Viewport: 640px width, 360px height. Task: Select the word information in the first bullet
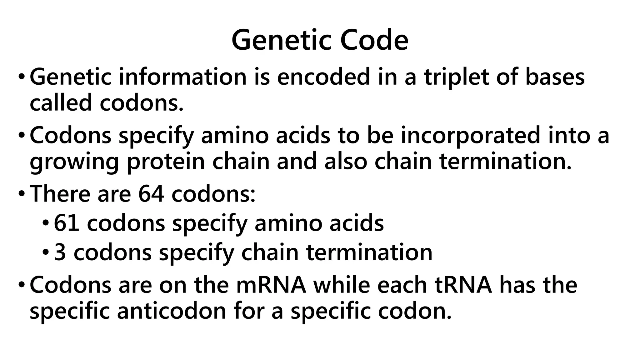coord(183,77)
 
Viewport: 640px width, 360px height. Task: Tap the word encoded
coord(323,77)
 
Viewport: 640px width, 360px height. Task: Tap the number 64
coord(151,194)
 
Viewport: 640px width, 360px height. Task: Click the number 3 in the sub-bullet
coord(60,252)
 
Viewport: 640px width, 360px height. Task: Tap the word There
coord(59,194)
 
